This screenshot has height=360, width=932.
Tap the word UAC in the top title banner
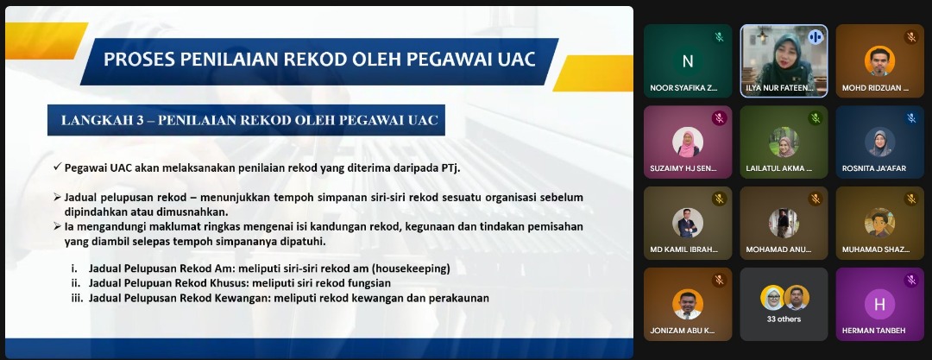(514, 60)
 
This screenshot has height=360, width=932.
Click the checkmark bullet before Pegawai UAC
(57, 167)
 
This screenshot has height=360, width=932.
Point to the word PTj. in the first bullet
(450, 167)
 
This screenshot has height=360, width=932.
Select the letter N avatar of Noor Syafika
(688, 60)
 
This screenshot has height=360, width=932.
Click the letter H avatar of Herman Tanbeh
(879, 304)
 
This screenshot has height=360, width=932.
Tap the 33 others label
(784, 319)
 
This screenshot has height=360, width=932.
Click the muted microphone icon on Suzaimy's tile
(719, 117)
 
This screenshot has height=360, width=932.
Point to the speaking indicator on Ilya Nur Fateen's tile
(815, 37)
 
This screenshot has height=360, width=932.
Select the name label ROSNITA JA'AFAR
(873, 168)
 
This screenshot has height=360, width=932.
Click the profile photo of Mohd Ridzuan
(879, 60)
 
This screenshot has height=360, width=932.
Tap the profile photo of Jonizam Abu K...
(688, 304)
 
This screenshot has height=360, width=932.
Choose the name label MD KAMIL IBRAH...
(683, 249)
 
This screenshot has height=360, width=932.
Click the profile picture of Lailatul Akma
(784, 142)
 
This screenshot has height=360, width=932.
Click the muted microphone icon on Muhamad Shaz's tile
(911, 199)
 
